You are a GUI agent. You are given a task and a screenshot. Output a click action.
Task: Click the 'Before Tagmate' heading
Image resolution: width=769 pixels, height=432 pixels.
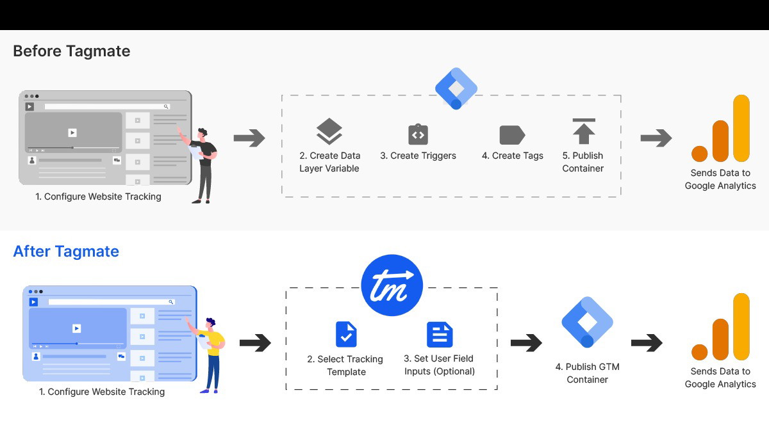pyautogui.click(x=71, y=51)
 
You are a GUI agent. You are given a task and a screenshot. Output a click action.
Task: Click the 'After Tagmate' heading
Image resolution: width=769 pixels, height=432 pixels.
pyautogui.click(x=66, y=251)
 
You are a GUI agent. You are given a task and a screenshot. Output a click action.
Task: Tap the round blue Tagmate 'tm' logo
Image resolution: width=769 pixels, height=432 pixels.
pyautogui.click(x=392, y=285)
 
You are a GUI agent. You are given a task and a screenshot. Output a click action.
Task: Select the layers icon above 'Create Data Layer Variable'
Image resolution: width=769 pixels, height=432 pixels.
pyautogui.click(x=329, y=132)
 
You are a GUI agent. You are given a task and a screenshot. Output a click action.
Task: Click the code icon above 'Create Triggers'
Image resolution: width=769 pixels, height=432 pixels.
pyautogui.click(x=418, y=134)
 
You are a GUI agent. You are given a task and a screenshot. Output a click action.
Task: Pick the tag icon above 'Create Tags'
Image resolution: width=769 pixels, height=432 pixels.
pyautogui.click(x=512, y=135)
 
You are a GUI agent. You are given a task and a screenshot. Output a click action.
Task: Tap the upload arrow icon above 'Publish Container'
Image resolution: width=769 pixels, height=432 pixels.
pyautogui.click(x=583, y=131)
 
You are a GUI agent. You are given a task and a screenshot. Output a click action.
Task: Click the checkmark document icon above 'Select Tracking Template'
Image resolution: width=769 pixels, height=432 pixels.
pyautogui.click(x=346, y=334)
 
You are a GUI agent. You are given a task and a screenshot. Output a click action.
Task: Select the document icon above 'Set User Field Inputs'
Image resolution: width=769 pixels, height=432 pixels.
pyautogui.click(x=440, y=334)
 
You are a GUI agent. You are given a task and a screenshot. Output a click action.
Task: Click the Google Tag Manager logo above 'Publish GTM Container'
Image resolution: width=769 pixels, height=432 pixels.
pyautogui.click(x=587, y=322)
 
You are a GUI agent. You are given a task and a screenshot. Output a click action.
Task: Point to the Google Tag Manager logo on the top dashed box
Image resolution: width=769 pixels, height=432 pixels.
pyautogui.click(x=456, y=88)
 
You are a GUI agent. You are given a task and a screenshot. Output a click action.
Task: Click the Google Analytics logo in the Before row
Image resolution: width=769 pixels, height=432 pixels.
pyautogui.click(x=720, y=129)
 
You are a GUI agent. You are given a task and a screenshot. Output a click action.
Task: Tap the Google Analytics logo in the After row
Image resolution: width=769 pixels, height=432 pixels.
pyautogui.click(x=720, y=327)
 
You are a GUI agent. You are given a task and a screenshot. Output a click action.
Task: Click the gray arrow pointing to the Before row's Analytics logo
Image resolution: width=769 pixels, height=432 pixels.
pyautogui.click(x=656, y=138)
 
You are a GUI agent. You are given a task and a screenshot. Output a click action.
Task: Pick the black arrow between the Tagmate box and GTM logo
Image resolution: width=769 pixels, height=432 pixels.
pyautogui.click(x=526, y=343)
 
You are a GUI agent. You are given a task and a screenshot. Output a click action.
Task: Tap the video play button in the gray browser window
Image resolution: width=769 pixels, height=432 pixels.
pyautogui.click(x=72, y=132)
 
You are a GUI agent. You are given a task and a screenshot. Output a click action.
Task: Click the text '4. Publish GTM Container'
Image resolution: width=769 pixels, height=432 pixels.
pyautogui.click(x=587, y=373)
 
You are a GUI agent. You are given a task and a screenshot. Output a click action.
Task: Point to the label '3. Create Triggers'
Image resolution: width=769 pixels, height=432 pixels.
pyautogui.click(x=418, y=156)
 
